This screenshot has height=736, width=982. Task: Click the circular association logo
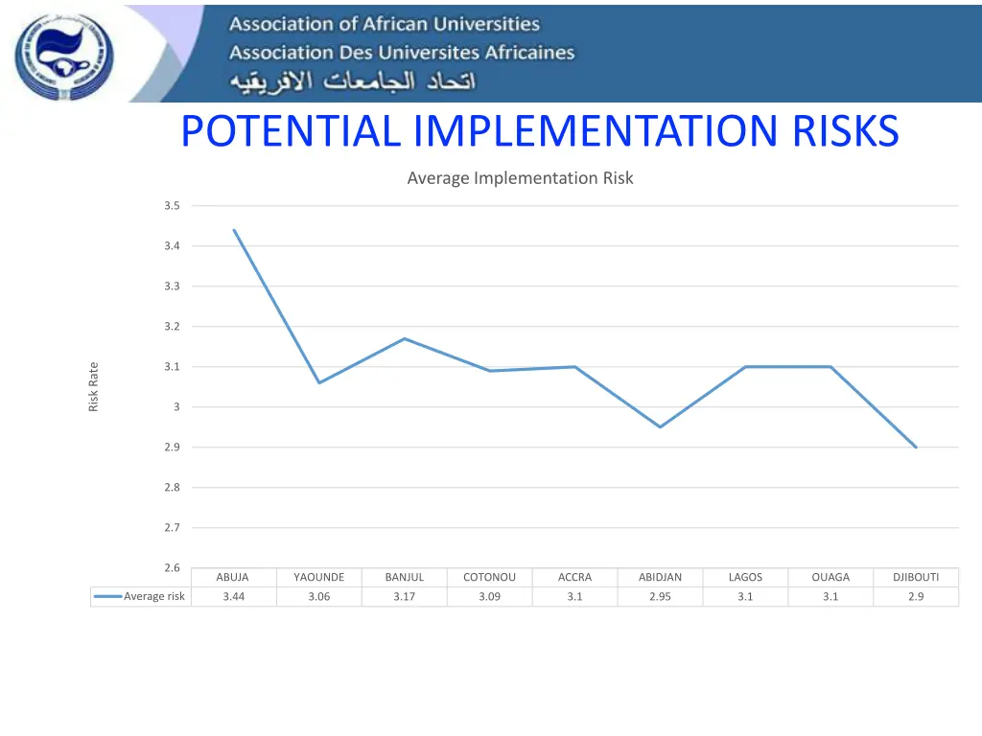(x=63, y=57)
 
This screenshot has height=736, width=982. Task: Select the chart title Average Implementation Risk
(x=520, y=178)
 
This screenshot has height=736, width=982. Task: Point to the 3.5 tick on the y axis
(x=172, y=206)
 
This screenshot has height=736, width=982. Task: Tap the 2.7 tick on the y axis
(x=172, y=528)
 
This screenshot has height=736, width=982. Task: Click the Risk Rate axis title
(x=94, y=386)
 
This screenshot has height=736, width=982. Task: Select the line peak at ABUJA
(x=234, y=230)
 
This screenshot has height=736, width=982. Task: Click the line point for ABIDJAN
(x=660, y=426)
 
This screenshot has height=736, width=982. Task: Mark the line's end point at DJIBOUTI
(x=916, y=447)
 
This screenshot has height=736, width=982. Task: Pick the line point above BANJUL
(x=405, y=338)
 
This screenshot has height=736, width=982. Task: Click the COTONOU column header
(x=489, y=577)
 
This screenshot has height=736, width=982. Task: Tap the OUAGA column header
(x=830, y=577)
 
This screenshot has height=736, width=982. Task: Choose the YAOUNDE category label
(x=318, y=577)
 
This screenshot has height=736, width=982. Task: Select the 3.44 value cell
(x=233, y=597)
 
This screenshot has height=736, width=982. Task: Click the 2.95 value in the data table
(x=660, y=597)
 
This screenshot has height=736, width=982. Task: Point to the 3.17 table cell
(x=404, y=597)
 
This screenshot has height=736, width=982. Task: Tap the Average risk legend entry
(x=141, y=597)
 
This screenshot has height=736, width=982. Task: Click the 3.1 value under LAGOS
(x=745, y=597)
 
